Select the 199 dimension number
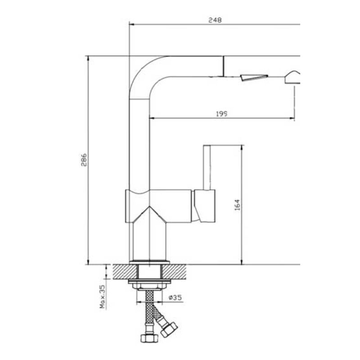221,113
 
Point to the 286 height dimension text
84,160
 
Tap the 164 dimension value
237,204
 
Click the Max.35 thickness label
102,297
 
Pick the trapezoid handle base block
204,206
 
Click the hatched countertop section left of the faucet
124,271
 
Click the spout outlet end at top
222,67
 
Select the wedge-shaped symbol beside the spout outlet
254,77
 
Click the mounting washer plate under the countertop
149,283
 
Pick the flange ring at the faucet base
149,262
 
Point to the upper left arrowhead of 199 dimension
152,118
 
